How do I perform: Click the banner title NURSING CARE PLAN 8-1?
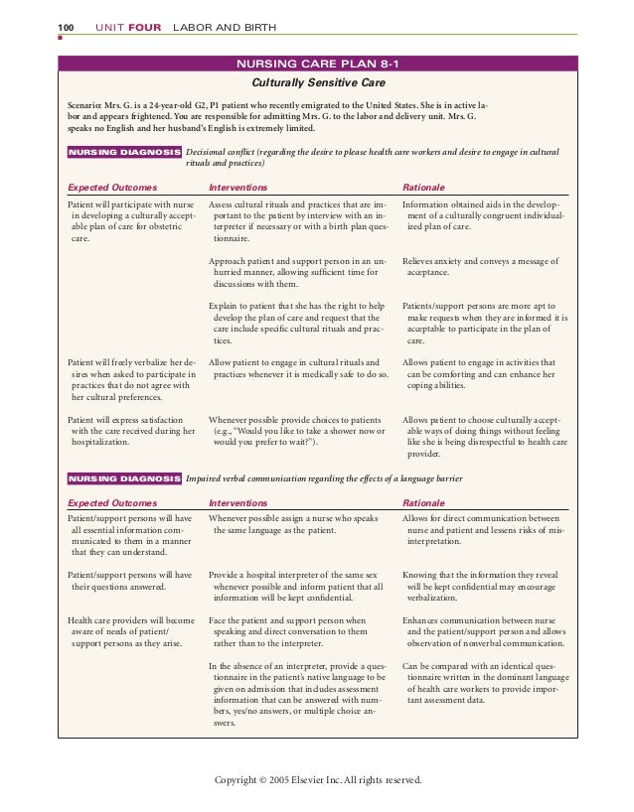click(x=318, y=66)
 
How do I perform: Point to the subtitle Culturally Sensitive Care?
click(x=317, y=84)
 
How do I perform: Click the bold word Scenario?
click(x=86, y=104)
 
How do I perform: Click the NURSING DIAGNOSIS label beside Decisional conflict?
click(x=123, y=153)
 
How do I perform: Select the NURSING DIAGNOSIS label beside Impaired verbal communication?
click(x=123, y=478)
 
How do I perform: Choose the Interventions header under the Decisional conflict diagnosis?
click(x=238, y=186)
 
